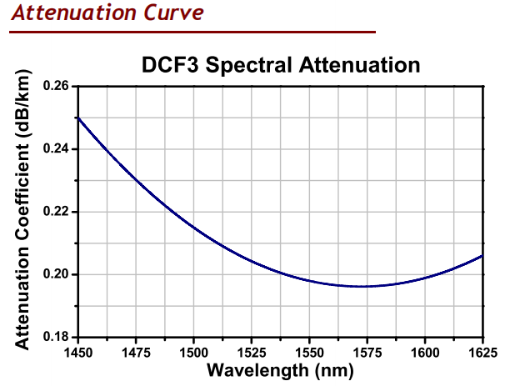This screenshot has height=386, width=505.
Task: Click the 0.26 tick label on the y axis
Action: coord(55,86)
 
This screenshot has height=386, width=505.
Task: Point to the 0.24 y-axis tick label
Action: coord(55,149)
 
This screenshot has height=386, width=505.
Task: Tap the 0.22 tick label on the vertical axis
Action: coord(55,212)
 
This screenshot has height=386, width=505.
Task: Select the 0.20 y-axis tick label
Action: coord(55,274)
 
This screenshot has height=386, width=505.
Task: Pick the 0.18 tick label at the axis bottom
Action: coord(55,337)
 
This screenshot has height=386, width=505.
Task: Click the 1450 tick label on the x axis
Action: coord(78,352)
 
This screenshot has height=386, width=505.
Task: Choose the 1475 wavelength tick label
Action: coord(136,352)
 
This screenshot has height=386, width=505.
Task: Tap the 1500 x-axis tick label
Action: coord(193,352)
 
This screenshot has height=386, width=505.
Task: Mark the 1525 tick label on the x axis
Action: coord(252,352)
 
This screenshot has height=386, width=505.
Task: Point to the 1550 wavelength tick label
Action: coord(309,352)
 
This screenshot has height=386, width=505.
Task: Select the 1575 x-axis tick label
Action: coord(367,352)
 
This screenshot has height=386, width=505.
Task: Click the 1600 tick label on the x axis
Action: coord(425,352)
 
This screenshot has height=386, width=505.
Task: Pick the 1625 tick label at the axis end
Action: coord(481,352)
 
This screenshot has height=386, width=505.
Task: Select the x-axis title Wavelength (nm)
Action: coord(280,369)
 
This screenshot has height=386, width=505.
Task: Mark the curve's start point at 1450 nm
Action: coord(78,118)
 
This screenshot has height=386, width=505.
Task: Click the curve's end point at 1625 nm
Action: coord(482,256)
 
